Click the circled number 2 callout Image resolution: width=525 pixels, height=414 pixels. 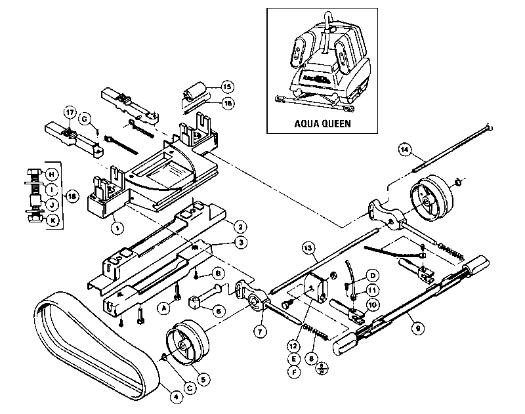241,226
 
